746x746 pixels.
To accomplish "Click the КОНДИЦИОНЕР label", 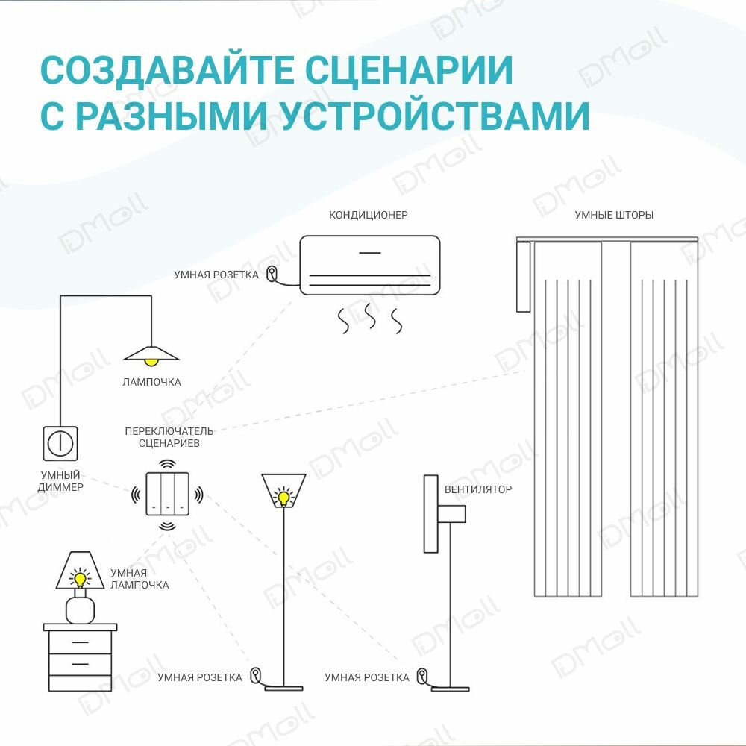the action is pos(369,215).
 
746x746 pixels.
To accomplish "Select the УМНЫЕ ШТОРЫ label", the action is pos(614,215).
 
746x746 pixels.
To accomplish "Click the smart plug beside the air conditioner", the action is pos(272,274).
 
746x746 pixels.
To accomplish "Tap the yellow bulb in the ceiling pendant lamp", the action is pos(152,362).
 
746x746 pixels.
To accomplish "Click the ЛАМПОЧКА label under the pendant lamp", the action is pos(152,382).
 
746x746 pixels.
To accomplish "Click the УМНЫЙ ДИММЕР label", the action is pos(60,481).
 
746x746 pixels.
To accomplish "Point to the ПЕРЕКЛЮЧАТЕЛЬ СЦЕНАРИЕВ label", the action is pos(169,437).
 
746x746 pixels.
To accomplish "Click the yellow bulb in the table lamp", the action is pos(79,579).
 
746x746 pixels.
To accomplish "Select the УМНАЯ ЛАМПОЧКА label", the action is pos(140,578).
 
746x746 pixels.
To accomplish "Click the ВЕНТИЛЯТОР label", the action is pos(478,489).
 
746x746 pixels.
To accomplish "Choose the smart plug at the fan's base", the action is pos(422,675).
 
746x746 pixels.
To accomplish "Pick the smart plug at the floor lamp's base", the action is pos(256,675).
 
